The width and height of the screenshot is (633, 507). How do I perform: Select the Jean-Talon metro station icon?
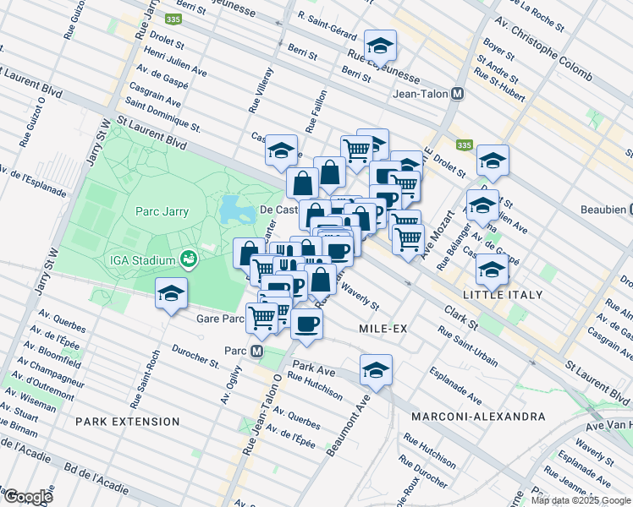(x=458, y=95)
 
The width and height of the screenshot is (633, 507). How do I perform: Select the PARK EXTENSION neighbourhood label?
(x=127, y=421)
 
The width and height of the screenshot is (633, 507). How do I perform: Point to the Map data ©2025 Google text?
(x=581, y=500)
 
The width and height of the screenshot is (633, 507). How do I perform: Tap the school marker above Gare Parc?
(x=171, y=293)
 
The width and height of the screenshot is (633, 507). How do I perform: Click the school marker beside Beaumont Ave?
(x=376, y=369)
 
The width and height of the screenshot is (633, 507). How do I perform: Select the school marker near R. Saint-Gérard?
(x=381, y=44)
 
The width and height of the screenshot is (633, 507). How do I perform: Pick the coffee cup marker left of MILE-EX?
(x=306, y=323)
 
